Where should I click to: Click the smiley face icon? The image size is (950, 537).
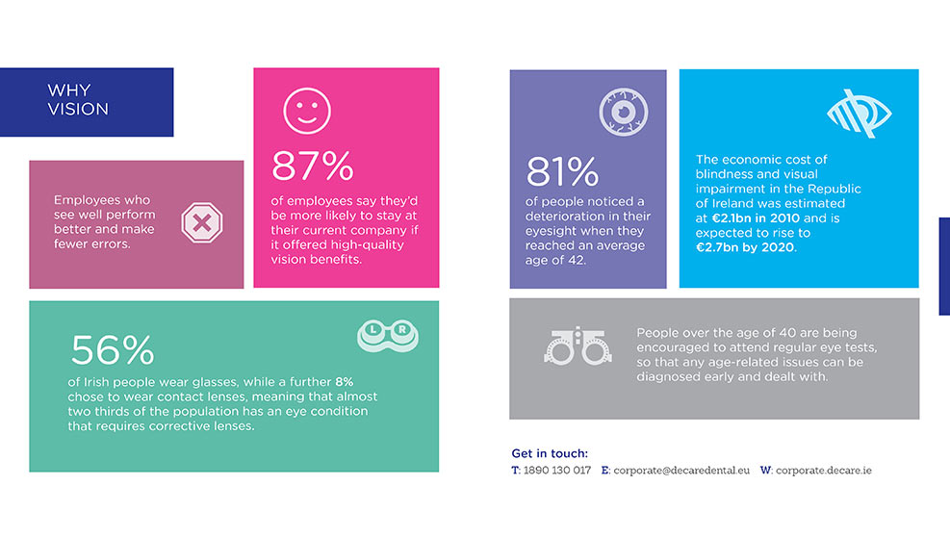point(307,111)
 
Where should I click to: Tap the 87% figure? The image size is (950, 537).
point(312,166)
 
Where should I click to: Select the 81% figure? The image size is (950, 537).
point(562,171)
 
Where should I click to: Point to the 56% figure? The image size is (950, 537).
point(113,350)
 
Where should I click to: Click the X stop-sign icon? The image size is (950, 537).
point(202,222)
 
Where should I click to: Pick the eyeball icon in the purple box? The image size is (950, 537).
point(624,113)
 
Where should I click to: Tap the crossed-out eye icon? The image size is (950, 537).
point(860,114)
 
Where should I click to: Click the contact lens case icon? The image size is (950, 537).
point(388,336)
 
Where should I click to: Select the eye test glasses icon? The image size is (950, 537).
point(578,346)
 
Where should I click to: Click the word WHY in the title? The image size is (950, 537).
point(69,90)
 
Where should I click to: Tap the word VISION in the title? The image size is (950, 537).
point(78,109)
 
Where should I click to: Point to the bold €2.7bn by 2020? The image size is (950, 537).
point(745,247)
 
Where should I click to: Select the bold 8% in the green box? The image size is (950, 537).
point(345,382)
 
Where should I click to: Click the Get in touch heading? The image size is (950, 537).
point(550,453)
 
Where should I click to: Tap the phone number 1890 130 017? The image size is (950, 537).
point(556,471)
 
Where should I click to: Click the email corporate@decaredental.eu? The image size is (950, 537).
point(681,471)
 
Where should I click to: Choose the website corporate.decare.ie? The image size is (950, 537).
point(824,471)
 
